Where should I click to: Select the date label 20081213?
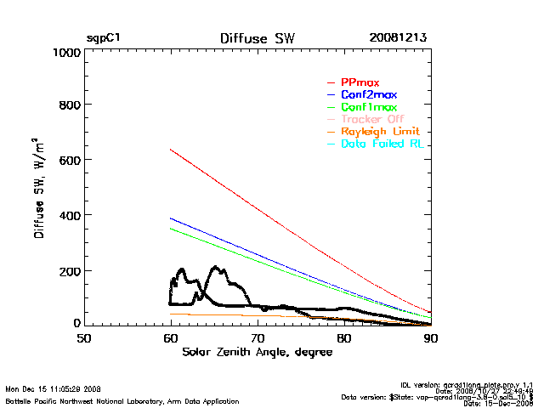[x=398, y=38]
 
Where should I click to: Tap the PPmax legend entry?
[x=359, y=82]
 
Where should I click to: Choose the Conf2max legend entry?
[x=368, y=94]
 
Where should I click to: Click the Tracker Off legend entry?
[x=372, y=119]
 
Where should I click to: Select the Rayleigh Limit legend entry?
[x=380, y=132]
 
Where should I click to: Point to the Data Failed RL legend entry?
[x=382, y=144]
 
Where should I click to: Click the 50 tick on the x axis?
[x=83, y=337]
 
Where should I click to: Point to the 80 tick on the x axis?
[x=344, y=337]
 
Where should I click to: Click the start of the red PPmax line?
[x=171, y=150]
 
